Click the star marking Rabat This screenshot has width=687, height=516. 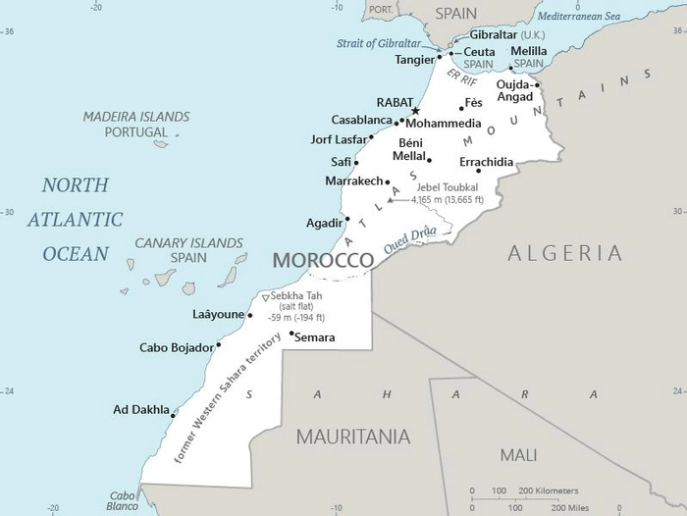tap(415, 111)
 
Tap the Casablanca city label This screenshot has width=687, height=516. tap(361, 120)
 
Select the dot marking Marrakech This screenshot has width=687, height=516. tap(388, 181)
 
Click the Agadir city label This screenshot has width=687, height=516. tap(324, 223)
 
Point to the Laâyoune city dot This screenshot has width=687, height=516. tap(250, 316)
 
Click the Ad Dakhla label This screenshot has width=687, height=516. tap(140, 410)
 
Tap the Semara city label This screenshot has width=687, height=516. tap(315, 337)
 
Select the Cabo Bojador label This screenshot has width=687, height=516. tap(176, 347)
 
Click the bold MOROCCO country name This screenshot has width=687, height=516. tap(323, 260)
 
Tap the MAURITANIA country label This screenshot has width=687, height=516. tap(353, 436)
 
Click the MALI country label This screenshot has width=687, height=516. tap(518, 455)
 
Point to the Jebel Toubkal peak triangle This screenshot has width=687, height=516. tap(390, 200)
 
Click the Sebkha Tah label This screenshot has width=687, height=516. tap(297, 296)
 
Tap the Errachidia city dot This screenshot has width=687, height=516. tap(478, 171)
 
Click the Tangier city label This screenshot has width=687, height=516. tap(414, 59)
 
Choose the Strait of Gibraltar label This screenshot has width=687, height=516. tap(379, 43)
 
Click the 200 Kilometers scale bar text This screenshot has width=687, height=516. tap(548, 490)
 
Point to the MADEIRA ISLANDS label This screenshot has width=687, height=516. tap(136, 116)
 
